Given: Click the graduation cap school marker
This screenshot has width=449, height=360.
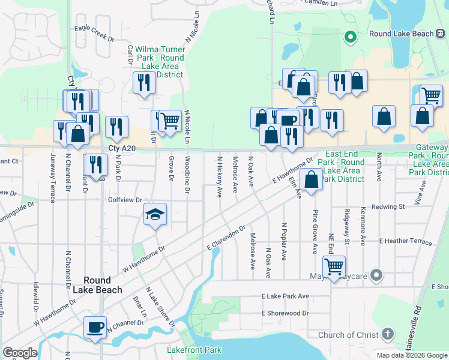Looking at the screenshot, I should (155, 215).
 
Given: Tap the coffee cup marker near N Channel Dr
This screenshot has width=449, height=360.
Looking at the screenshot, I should (95, 328).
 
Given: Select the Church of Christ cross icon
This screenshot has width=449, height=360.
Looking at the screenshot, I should (388, 335).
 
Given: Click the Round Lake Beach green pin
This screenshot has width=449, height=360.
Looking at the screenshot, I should (351, 37).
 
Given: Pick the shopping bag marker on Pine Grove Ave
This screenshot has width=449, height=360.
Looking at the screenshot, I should (312, 179).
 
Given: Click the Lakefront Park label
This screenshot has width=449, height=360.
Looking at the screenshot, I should (194, 350).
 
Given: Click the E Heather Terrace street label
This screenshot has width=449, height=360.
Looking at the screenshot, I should (405, 242).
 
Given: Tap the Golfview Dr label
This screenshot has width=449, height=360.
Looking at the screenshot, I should (125, 200).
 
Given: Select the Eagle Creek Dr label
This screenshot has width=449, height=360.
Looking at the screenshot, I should (94, 33).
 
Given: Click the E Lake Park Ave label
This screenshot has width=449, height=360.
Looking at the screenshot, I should (285, 296).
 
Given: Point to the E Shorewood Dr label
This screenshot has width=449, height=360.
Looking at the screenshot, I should (285, 313).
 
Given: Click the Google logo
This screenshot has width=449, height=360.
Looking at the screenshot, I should (20, 353).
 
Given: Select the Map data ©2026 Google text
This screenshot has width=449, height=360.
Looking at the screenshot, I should (411, 355).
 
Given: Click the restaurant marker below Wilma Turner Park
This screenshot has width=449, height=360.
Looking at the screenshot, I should (143, 83).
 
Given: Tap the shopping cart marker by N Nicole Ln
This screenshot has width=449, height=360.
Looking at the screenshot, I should (170, 120).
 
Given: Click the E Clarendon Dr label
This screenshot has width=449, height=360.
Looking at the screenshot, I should (226, 238).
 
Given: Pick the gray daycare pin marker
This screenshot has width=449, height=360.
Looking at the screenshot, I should (376, 275).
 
